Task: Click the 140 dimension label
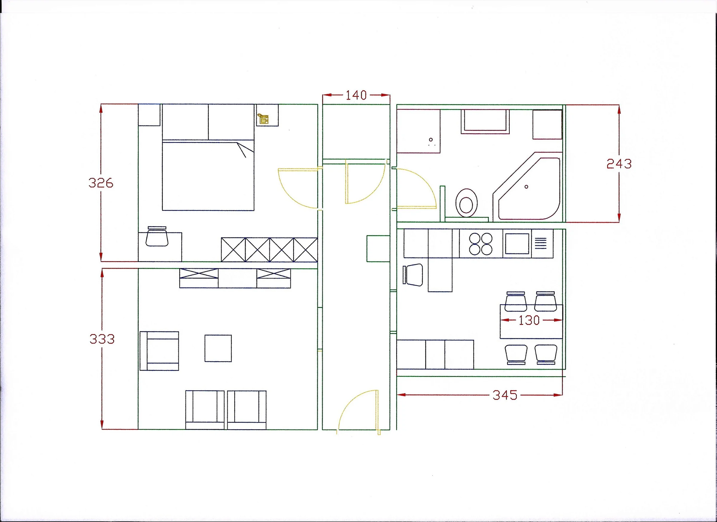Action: tap(356, 95)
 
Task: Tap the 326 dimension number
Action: tap(101, 183)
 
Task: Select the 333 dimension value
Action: tap(102, 339)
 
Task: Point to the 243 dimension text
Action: tap(619, 164)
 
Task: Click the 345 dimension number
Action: tap(505, 395)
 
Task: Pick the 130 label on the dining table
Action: tap(529, 321)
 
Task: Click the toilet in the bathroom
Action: tap(466, 203)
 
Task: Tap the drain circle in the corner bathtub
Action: tap(526, 187)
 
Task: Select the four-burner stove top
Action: tap(481, 244)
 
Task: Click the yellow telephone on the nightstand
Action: tap(263, 119)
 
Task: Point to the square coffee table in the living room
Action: tap(218, 348)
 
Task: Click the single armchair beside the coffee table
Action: tap(159, 351)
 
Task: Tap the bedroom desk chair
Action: tap(157, 236)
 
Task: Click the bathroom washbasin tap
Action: tap(431, 140)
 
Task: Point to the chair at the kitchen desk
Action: tap(413, 275)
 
